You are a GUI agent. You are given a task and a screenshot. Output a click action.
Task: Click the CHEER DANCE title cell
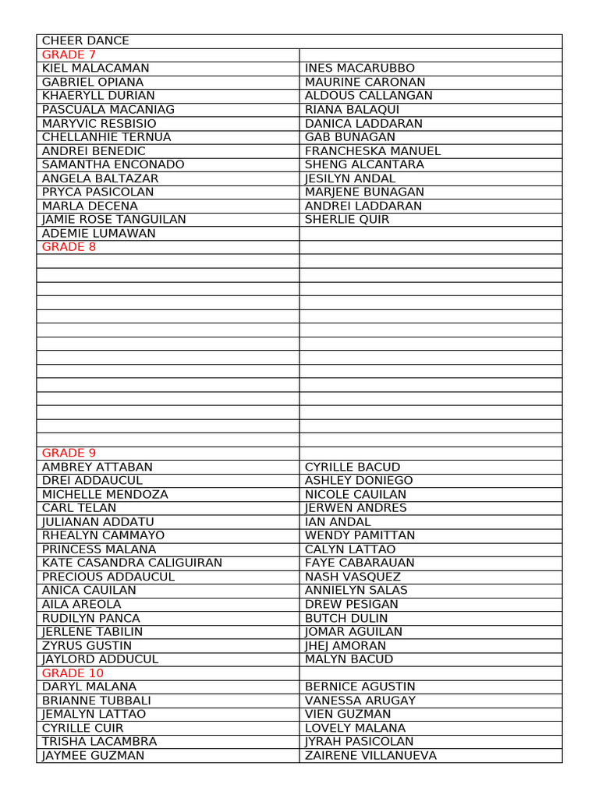coord(86,41)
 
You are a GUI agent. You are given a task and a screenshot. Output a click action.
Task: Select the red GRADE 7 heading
coord(69,55)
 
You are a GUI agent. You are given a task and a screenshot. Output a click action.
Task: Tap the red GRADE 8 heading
coord(69,247)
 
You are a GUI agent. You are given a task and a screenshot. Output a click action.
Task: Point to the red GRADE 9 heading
coord(69,453)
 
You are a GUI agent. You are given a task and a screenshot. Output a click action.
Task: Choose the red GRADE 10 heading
coord(73,673)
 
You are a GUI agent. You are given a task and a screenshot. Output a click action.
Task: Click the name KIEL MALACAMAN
coord(95,69)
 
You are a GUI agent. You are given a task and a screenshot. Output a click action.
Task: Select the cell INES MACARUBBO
coord(360,69)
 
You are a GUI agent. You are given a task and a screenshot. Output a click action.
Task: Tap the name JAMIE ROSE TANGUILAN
coord(114,220)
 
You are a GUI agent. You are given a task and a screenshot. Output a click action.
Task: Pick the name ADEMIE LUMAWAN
coord(98,233)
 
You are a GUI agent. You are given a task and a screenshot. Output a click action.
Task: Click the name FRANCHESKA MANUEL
coord(373,151)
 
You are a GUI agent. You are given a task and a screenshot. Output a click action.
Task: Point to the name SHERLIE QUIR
coord(347,220)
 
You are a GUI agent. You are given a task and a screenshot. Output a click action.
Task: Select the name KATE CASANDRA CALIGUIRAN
coord(132,563)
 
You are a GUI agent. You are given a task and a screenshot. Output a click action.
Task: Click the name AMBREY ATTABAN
coord(97,467)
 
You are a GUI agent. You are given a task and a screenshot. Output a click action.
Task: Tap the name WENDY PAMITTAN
coord(360,535)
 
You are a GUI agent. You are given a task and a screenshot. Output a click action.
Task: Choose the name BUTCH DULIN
coord(346,618)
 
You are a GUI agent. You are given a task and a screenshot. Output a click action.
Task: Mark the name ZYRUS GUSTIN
coord(87,645)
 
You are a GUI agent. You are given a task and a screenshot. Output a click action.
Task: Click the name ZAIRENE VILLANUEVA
coord(370,755)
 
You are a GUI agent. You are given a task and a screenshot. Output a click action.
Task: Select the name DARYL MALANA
coord(89,687)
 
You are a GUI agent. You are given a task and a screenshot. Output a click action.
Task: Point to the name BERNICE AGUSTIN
coord(360,687)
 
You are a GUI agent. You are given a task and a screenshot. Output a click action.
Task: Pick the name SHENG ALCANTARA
coord(364,164)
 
